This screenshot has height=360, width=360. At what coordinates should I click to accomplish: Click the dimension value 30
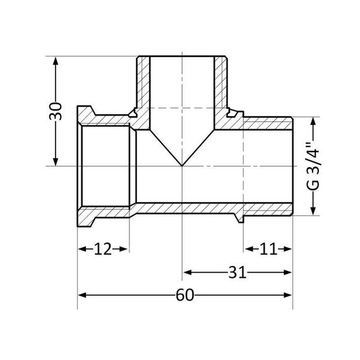[x=56, y=111]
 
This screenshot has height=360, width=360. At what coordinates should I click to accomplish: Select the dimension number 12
[x=103, y=249]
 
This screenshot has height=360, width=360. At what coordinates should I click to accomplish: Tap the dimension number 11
[x=268, y=249]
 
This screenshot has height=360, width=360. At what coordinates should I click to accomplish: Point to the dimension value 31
[x=237, y=272]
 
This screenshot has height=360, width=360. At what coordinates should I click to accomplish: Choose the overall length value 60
[x=184, y=296]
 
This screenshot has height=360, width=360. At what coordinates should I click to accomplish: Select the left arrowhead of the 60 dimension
[x=81, y=296]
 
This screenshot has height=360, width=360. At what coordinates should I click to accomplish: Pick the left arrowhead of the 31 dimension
[x=187, y=272]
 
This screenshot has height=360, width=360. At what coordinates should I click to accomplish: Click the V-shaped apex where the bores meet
[x=182, y=165]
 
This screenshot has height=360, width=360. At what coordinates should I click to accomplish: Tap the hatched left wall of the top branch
[x=143, y=85]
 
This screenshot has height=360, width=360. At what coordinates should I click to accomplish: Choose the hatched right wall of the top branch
[x=221, y=85]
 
